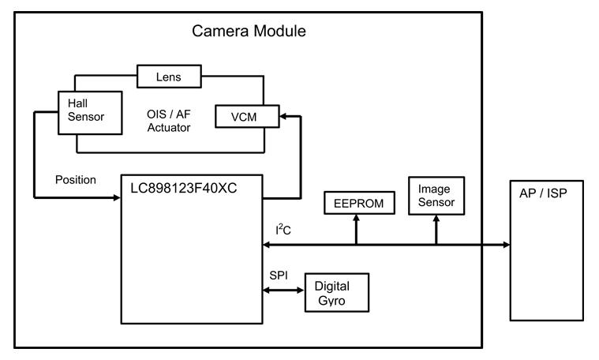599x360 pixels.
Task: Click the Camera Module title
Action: tap(249, 32)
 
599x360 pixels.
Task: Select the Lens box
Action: tap(170, 77)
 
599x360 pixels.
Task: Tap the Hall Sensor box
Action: tap(90, 111)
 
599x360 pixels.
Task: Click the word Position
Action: tap(76, 180)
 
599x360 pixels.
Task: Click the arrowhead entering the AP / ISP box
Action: tap(505, 244)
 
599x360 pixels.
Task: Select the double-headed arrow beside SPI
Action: tap(283, 291)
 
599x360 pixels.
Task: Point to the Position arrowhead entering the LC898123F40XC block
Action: tap(116, 197)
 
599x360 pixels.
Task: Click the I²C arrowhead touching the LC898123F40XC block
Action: tap(266, 244)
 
